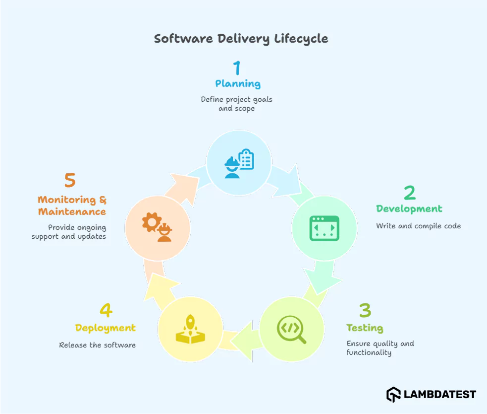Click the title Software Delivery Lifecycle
click(241, 39)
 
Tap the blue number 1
click(237, 68)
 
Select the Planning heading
click(238, 84)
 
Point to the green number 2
click(409, 193)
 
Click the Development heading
click(409, 209)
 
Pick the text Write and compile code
click(418, 226)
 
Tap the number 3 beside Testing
click(365, 311)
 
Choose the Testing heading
click(365, 328)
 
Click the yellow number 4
click(106, 310)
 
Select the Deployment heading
click(106, 328)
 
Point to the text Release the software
click(98, 345)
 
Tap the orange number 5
click(70, 181)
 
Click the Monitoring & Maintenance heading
click(72, 206)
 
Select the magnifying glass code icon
click(292, 330)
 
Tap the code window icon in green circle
click(324, 228)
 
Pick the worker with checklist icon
click(239, 163)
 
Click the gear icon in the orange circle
click(150, 222)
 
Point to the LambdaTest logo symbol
click(393, 395)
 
